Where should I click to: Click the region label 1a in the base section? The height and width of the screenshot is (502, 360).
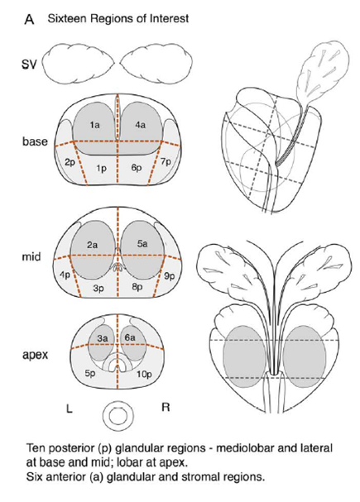[94, 125]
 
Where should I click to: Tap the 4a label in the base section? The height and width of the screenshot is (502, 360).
[141, 125]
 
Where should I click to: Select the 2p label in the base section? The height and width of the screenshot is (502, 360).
[70, 163]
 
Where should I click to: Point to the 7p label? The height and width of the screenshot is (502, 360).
[166, 163]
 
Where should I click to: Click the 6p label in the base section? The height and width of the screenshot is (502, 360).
[137, 168]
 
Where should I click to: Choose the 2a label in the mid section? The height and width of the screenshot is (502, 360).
[92, 246]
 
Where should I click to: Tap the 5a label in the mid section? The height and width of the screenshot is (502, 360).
[142, 244]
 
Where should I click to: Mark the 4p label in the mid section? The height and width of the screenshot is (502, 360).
[65, 275]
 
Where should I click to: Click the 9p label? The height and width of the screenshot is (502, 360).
[170, 276]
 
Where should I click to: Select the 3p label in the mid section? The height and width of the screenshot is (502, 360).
[98, 289]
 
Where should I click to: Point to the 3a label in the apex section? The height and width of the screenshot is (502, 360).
[103, 337]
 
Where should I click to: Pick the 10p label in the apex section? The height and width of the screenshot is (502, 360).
[144, 374]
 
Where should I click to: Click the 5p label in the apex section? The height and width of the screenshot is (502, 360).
[90, 374]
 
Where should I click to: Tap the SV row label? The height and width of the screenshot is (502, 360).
[29, 65]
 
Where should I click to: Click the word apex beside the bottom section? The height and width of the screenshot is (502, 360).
[36, 355]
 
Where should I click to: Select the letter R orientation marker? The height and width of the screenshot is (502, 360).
[166, 408]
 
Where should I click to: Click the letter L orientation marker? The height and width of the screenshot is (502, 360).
[69, 409]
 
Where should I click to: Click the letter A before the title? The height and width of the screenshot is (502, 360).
[29, 20]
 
